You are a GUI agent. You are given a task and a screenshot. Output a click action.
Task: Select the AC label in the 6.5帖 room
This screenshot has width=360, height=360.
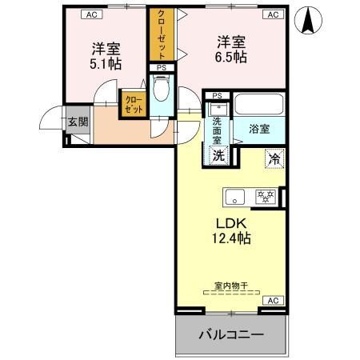click(x=271, y=14)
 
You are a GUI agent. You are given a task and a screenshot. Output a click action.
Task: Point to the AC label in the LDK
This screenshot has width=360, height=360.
click(x=271, y=301)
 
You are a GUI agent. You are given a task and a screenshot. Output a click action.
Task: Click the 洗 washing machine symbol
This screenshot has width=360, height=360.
click(x=218, y=155)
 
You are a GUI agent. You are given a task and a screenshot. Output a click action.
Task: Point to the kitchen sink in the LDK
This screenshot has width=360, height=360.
click(x=234, y=197)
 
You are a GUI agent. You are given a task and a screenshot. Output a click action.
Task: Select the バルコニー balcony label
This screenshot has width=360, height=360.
click(x=230, y=334)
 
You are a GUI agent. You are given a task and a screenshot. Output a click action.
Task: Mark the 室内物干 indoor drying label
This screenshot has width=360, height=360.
click(x=230, y=286)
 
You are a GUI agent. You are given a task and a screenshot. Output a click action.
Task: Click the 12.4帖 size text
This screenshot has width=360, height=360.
click(x=230, y=238)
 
